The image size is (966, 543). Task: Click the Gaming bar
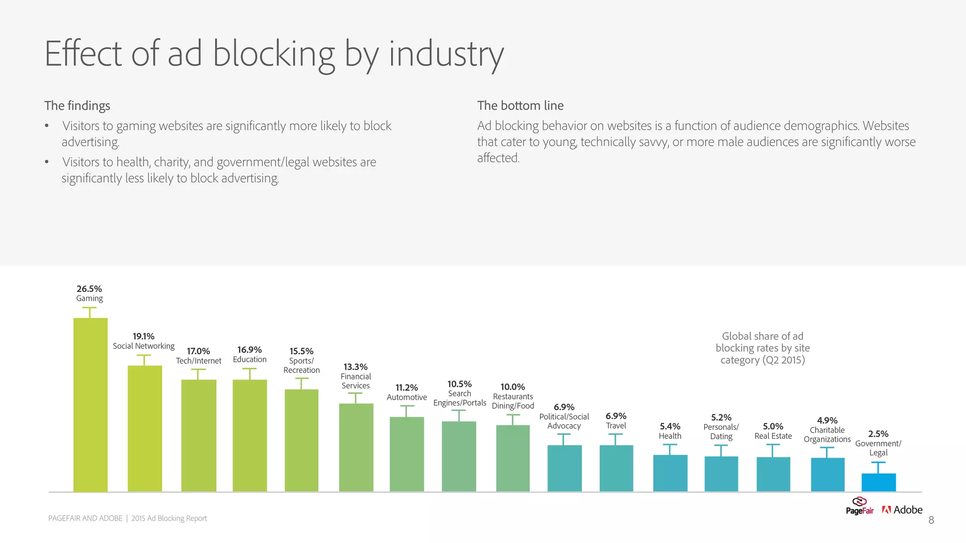tap(90, 405)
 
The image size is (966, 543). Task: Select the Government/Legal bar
tap(878, 483)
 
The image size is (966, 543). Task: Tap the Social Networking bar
tap(144, 429)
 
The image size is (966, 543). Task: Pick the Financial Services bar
tap(356, 448)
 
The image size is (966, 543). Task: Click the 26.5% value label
tap(89, 289)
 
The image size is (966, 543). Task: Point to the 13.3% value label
tap(355, 367)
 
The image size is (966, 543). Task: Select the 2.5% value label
tap(878, 434)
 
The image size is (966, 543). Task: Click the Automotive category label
tap(407, 397)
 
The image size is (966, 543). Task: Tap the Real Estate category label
tap(773, 436)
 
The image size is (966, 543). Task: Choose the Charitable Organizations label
tap(827, 435)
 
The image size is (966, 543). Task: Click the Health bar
tap(670, 473)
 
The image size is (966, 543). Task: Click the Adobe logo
tap(902, 510)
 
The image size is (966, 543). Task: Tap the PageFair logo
tap(859, 506)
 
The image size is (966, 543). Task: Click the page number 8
tap(931, 520)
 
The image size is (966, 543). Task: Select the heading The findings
tap(77, 106)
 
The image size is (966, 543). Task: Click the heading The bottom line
tap(520, 106)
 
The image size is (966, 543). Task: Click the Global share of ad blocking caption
tap(762, 348)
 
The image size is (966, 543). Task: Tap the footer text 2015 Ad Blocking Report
tap(169, 518)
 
